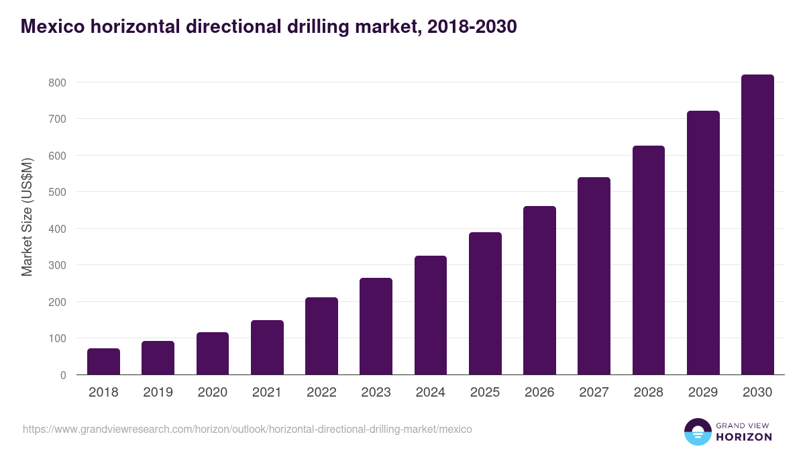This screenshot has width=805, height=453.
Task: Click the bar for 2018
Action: pyautogui.click(x=103, y=362)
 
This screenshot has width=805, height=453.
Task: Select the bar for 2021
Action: pyautogui.click(x=267, y=348)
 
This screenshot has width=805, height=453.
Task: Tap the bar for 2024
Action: pyautogui.click(x=431, y=315)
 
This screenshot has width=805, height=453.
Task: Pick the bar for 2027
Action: pyautogui.click(x=594, y=276)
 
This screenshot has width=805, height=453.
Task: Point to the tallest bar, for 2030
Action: pyautogui.click(x=757, y=225)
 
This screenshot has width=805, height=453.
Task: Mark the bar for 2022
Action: pyautogui.click(x=321, y=336)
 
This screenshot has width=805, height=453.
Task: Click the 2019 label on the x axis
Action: pyautogui.click(x=158, y=393)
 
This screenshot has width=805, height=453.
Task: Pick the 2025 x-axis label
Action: pyautogui.click(x=485, y=393)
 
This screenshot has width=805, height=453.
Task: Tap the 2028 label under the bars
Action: pyautogui.click(x=648, y=393)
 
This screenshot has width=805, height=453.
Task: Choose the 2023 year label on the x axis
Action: pyautogui.click(x=376, y=393)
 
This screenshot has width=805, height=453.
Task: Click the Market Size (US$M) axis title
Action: pyautogui.click(x=27, y=216)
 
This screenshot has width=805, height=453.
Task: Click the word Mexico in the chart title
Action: pyautogui.click(x=53, y=27)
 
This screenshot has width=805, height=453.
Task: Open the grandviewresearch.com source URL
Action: pyautogui.click(x=248, y=429)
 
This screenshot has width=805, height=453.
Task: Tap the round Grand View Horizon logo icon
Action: pyautogui.click(x=697, y=432)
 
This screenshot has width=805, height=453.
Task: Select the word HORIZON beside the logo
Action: pyautogui.click(x=744, y=437)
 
